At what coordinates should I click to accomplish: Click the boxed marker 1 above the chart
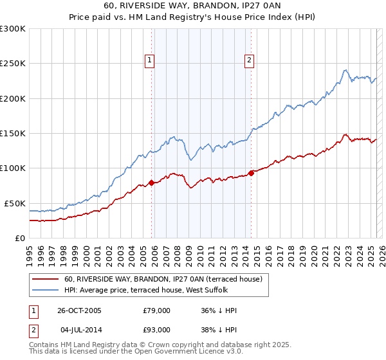149,60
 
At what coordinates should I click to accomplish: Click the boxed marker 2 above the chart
248,60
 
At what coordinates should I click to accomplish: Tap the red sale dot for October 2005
152,183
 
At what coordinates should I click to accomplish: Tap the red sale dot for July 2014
251,173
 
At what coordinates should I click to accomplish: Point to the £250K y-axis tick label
12,64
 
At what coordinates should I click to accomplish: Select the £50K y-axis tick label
14,203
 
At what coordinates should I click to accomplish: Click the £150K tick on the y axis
12,134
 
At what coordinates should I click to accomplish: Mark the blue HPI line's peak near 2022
345,69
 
